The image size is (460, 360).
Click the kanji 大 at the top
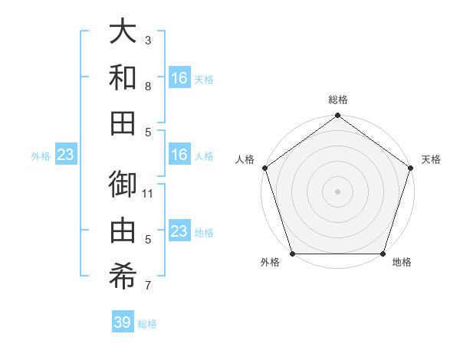[123, 31]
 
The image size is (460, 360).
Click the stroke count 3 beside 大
[148, 40]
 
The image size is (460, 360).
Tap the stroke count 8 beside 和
[148, 86]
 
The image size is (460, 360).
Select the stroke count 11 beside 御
[148, 194]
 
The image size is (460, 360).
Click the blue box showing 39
[122, 322]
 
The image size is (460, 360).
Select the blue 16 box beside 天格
[179, 78]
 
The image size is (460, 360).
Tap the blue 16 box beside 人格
[179, 155]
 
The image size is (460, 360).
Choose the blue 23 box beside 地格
[179, 231]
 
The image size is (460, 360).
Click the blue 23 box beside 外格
[66, 155]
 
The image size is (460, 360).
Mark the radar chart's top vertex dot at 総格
[337, 116]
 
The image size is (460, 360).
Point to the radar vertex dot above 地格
[383, 254]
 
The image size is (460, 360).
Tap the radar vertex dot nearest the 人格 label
[265, 168]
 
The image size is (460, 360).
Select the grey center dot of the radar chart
[337, 191]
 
